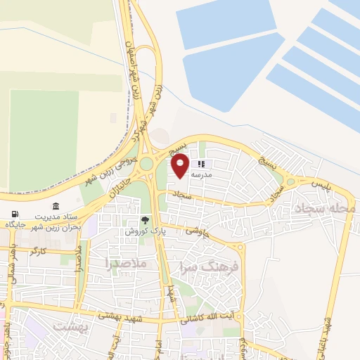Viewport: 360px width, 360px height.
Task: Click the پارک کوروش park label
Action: point(145,231)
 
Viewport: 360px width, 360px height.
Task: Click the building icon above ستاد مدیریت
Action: point(56,209)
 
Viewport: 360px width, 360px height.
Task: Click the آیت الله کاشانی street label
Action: point(209,319)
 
